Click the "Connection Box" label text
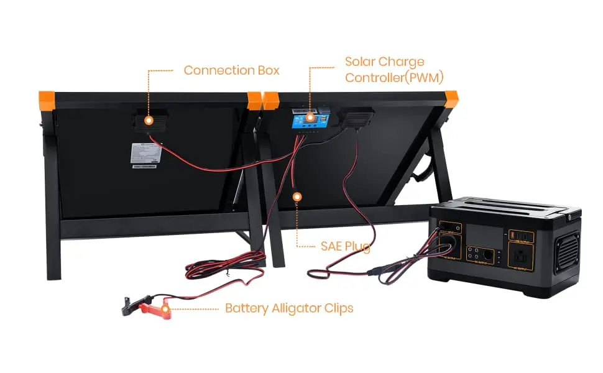tap(231, 70)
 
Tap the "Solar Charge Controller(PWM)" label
tap(385, 70)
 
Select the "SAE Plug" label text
tap(346, 247)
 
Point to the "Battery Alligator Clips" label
tap(289, 308)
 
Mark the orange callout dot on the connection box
tap(149, 119)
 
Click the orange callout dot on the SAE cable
tap(297, 196)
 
